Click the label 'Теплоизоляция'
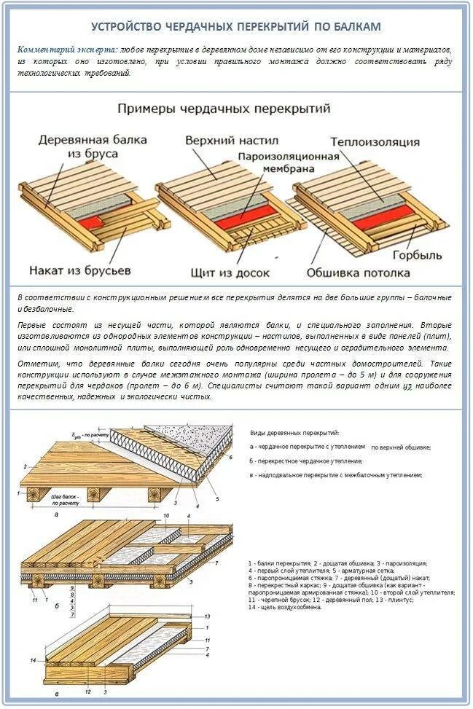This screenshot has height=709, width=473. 375,141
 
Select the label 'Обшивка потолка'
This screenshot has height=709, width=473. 357,273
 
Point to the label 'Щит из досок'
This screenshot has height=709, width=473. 230,273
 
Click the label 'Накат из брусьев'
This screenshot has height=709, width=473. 80,270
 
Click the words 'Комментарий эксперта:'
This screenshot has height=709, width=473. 66,49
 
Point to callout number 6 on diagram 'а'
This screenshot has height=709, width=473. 228,457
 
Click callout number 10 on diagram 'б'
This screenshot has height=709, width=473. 165,515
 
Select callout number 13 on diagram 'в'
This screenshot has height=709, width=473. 207,616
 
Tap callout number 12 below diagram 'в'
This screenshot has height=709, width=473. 87,690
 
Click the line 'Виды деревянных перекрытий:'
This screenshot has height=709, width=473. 294,433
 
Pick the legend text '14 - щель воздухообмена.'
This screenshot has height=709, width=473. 285,607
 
